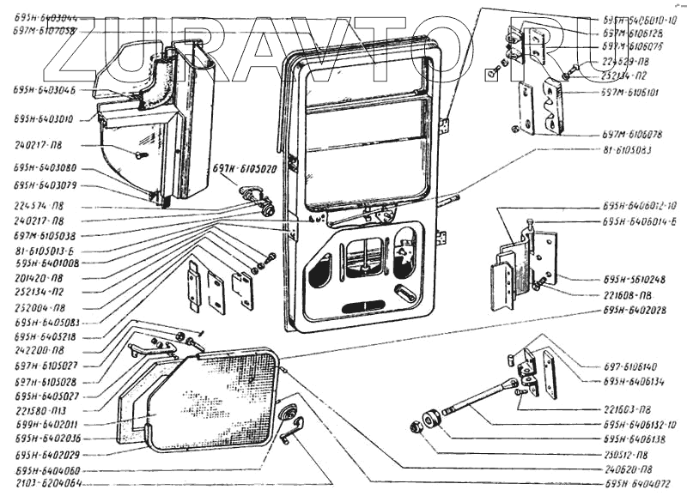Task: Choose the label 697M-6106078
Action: [632, 135]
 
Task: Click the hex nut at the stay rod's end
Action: [414, 426]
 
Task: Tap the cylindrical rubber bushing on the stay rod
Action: [431, 419]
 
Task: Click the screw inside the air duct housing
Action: [142, 154]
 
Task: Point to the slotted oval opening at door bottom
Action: [362, 307]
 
